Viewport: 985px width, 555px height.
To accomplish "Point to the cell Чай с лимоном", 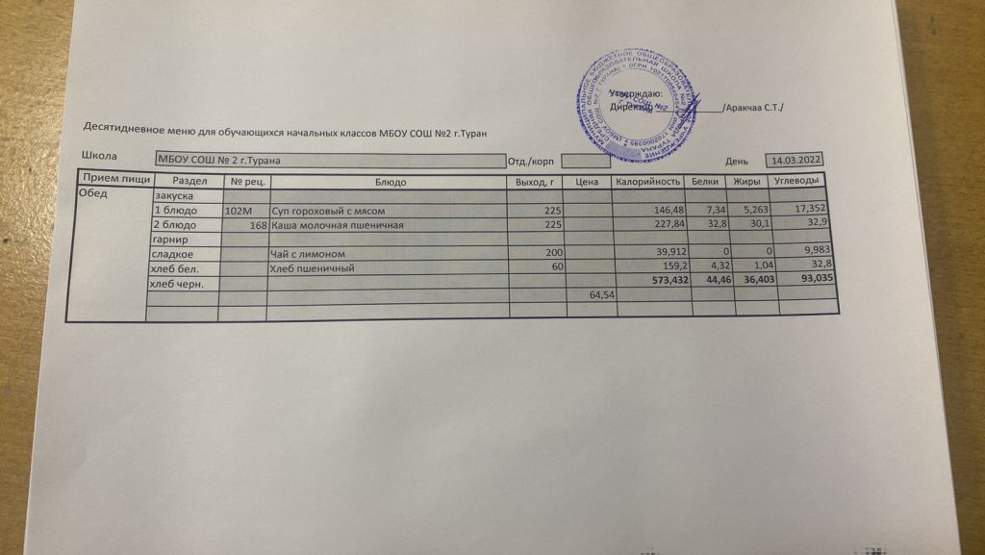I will coord(307,254).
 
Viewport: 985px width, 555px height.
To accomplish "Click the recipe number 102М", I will coord(237,210).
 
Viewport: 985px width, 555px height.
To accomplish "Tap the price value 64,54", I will coord(601,296).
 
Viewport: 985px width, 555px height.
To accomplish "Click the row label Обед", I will coord(92,193).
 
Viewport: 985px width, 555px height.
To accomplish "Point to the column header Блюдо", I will coord(390,181).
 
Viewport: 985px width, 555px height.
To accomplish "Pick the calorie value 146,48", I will coord(667,210).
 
